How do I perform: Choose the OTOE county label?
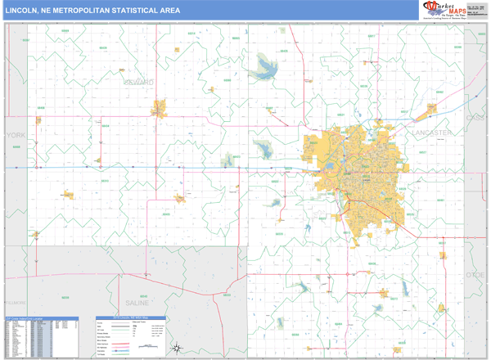click(477, 275)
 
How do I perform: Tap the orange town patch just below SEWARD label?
click(158, 107)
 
